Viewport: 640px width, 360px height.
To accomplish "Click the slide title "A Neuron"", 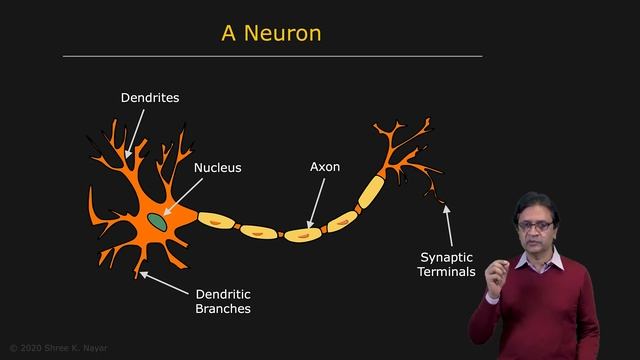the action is tap(271, 33).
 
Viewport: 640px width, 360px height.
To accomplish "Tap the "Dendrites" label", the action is tap(150, 98).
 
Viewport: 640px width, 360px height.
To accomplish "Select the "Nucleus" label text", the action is tap(217, 167).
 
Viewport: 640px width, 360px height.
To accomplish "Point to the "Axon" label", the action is tap(325, 166).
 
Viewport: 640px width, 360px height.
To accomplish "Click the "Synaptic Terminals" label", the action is tap(447, 263).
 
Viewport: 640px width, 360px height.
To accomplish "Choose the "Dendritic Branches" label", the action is tap(223, 301).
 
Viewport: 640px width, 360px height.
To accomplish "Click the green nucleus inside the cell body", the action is tap(157, 217).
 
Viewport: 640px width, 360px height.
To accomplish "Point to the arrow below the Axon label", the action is tap(316, 205).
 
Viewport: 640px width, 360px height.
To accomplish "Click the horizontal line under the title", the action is tap(272, 56).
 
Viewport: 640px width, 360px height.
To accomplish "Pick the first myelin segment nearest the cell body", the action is tap(215, 219).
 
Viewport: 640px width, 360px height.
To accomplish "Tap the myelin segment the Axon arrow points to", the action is tap(302, 234).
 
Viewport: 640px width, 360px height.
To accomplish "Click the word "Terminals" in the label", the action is tap(447, 271).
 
